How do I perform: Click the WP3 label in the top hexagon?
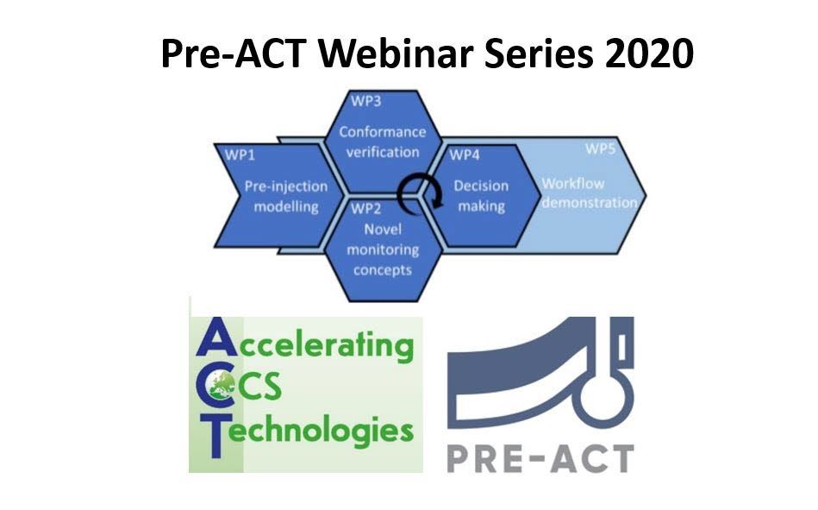[365, 102]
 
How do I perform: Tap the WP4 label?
[465, 154]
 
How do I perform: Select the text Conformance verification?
[382, 142]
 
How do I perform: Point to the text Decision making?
[481, 196]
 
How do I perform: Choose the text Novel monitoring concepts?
[382, 249]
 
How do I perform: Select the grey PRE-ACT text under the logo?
[540, 456]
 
